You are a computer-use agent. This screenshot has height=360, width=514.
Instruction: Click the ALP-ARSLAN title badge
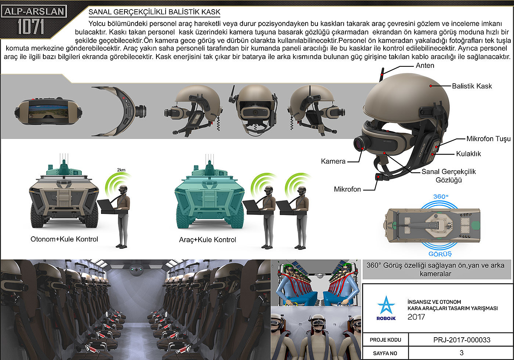click(x=34, y=11)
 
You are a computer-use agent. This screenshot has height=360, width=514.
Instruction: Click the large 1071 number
click(x=31, y=26)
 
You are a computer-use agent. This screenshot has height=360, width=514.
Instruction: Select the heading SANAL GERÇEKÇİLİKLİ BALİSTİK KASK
click(x=154, y=12)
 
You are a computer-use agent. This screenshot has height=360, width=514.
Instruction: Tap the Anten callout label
click(x=425, y=66)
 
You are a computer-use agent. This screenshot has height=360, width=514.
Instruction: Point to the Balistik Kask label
click(x=472, y=86)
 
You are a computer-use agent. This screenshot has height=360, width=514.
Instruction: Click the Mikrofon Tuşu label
click(x=489, y=139)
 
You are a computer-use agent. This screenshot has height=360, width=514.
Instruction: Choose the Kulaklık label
click(x=468, y=154)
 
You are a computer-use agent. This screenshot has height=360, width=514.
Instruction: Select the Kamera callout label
click(x=333, y=161)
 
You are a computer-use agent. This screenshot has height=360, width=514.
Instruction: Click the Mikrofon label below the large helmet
click(x=347, y=189)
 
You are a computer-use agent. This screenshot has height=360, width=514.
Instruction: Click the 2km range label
click(x=121, y=170)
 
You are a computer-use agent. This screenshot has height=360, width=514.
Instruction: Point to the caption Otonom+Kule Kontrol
click(x=64, y=239)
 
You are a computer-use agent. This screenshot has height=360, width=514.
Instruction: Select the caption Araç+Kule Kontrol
click(x=207, y=240)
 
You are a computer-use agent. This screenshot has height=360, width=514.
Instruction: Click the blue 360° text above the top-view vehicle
click(x=441, y=196)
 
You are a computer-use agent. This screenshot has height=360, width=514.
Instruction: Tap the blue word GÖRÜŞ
click(x=440, y=254)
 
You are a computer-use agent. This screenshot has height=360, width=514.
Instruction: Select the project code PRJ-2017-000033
click(x=462, y=340)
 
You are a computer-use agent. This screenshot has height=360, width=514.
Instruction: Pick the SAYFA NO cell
click(x=385, y=353)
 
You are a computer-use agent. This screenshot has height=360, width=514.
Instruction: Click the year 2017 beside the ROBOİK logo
click(x=416, y=317)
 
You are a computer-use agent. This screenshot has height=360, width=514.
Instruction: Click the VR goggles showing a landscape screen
click(x=48, y=111)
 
